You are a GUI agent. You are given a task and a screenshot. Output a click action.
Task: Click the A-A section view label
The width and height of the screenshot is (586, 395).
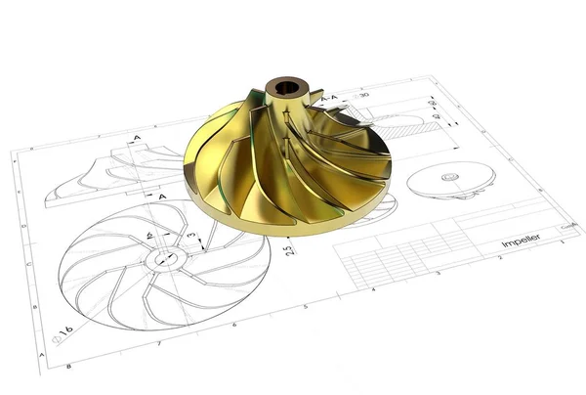point(333,98)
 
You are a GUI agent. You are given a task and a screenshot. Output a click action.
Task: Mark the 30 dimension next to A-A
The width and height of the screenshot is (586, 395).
point(363,95)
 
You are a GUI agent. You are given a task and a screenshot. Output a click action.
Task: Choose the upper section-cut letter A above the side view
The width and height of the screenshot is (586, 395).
point(136,139)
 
